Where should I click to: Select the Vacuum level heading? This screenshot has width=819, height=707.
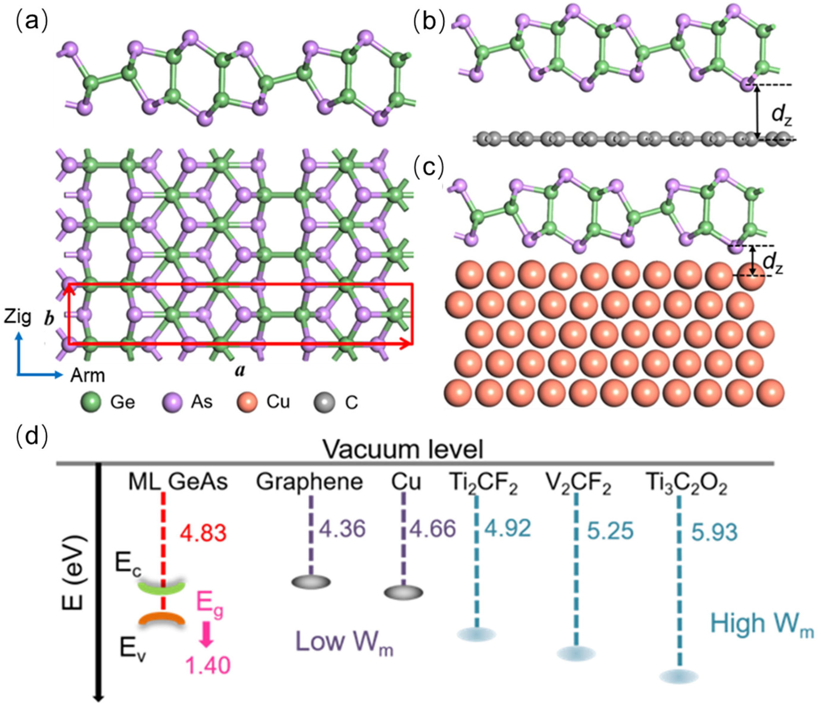point(403,450)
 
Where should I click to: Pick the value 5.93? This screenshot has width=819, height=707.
point(714,532)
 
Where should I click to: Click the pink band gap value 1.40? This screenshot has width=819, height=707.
point(208,665)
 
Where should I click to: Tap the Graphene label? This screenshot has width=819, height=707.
point(309,482)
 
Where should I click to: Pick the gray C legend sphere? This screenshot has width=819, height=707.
point(324,402)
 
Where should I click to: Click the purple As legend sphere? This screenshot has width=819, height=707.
point(172,402)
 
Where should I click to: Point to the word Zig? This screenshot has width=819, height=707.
point(18,317)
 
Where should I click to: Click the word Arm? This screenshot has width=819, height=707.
point(87,375)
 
